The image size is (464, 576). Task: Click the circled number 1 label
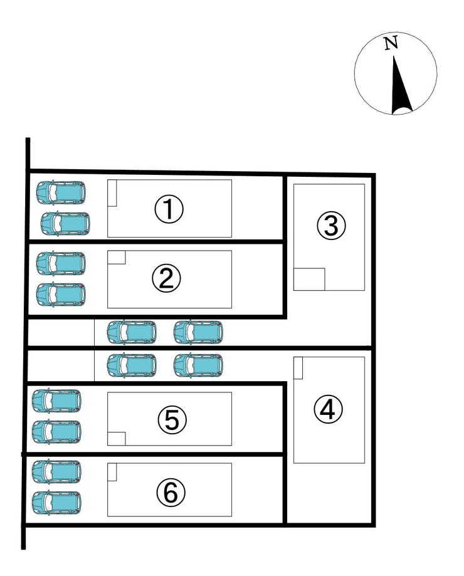[169, 209]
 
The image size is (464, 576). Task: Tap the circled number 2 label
[166, 278]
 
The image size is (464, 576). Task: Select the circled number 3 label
[331, 226]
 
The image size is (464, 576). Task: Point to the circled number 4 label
[328, 409]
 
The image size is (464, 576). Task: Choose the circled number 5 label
[172, 419]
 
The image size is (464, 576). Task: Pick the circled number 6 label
[171, 492]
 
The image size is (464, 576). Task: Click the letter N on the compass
[391, 43]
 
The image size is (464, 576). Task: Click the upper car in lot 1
[61, 192]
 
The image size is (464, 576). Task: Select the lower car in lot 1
[65, 224]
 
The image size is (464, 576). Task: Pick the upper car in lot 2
[61, 263]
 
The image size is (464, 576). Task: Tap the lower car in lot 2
[61, 295]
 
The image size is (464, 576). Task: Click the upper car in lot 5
[56, 401]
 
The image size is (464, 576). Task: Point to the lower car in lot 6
[56, 503]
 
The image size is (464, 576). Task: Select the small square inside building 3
[309, 279]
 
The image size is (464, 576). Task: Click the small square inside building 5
[117, 439]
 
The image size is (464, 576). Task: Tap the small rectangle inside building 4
[298, 368]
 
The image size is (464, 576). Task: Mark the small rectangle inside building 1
[112, 193]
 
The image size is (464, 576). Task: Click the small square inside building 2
[117, 257]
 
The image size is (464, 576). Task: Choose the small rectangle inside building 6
[112, 472]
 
